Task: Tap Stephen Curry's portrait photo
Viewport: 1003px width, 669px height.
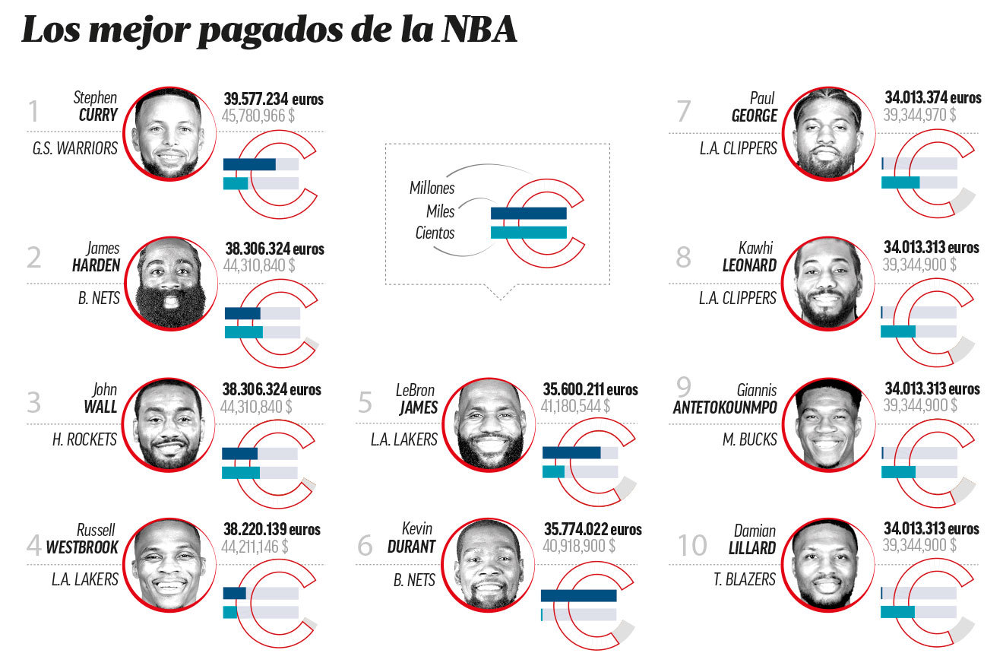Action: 169,133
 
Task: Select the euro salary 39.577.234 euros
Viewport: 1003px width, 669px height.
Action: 274,100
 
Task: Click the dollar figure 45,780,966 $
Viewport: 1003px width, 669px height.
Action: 259,116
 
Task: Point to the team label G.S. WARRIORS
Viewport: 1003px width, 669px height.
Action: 75,149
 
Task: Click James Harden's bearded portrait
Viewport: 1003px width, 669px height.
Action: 171,283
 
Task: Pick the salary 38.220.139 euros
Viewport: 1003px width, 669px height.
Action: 271,529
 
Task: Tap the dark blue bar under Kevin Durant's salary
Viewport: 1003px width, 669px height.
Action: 578,596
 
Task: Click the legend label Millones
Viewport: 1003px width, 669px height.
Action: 432,188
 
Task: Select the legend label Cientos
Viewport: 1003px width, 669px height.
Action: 435,233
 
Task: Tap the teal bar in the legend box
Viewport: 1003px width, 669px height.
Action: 528,233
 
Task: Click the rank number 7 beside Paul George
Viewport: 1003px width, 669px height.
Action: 683,112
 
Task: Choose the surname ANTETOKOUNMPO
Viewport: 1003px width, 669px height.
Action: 725,408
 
